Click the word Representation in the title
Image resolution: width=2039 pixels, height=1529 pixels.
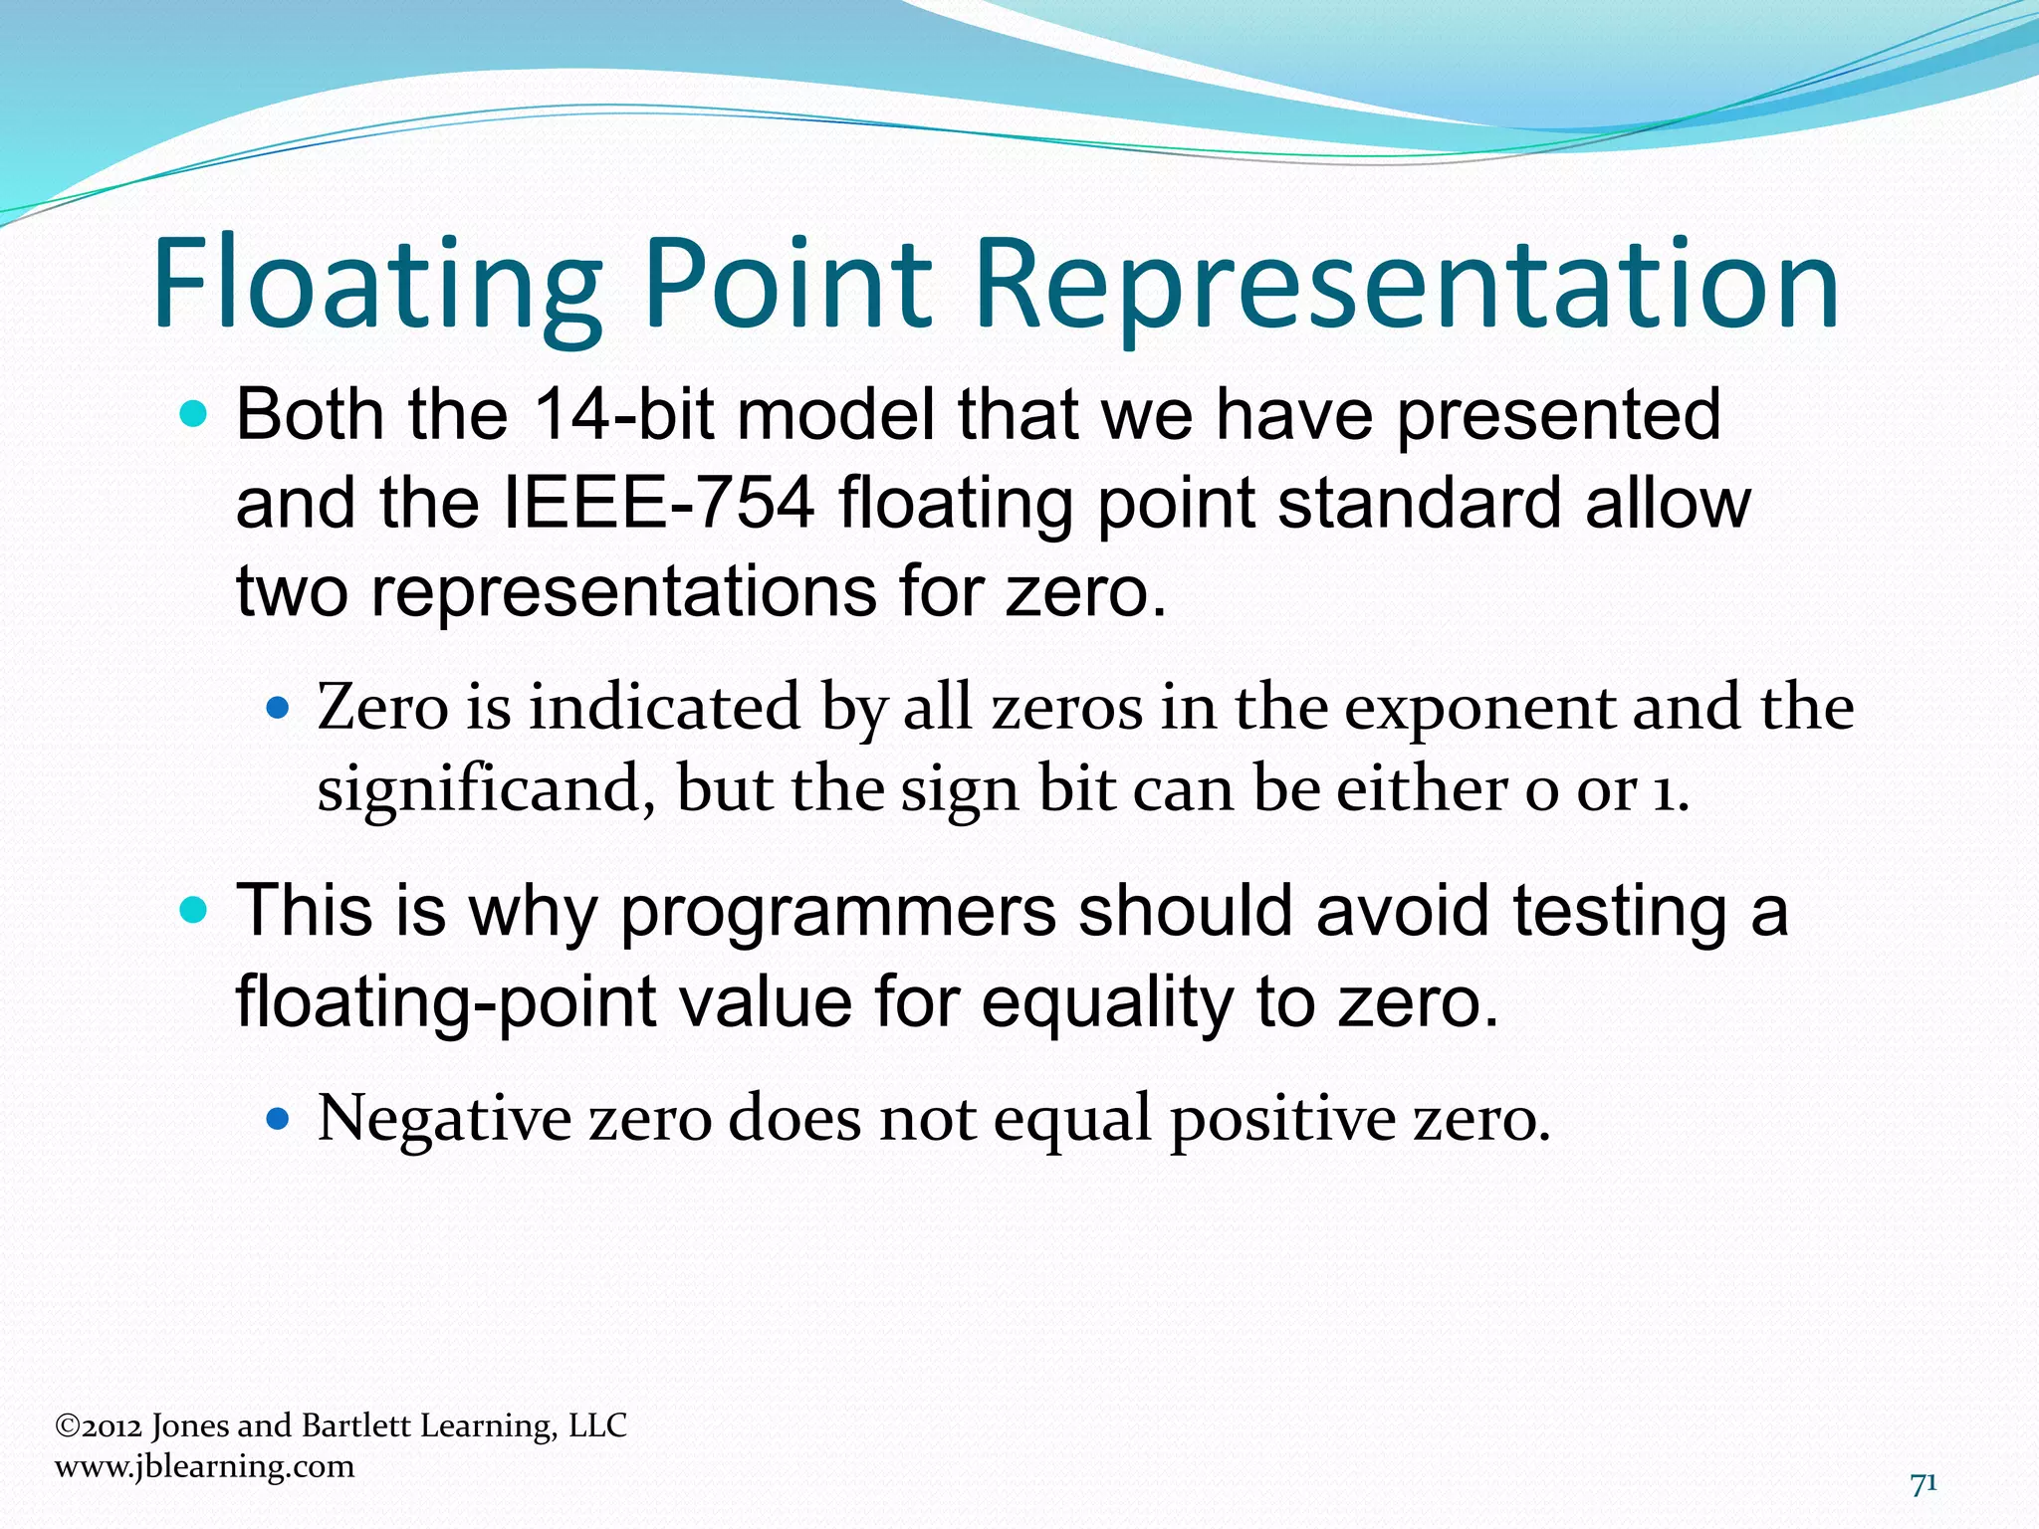tap(1406, 284)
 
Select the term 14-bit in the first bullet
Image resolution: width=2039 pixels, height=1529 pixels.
tap(623, 414)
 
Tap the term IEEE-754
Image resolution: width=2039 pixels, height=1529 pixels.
tap(660, 503)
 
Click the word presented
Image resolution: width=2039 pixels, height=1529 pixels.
tap(1558, 416)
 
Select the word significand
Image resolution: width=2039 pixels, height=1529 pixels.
tap(486, 790)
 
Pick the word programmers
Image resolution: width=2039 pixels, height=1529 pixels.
tap(837, 913)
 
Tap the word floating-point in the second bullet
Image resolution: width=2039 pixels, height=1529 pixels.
tap(445, 1001)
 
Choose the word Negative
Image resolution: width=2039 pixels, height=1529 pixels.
tap(444, 1119)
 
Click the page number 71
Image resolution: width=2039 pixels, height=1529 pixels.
tap(1924, 1484)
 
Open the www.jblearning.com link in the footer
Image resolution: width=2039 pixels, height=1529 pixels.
tap(204, 1466)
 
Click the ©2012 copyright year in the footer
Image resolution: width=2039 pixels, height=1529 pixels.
tap(100, 1426)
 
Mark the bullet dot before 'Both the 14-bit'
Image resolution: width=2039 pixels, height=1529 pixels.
tap(194, 414)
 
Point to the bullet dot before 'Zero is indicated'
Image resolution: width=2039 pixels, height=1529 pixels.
tap(279, 710)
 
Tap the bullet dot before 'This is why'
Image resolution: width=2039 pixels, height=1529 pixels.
tap(194, 911)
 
